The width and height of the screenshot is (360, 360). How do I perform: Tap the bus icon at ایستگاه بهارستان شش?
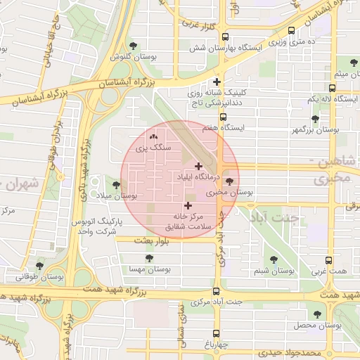(x=225, y=37)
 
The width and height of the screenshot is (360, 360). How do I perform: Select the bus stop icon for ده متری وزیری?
(x=291, y=31)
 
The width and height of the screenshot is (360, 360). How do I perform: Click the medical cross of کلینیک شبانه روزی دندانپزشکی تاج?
(x=217, y=82)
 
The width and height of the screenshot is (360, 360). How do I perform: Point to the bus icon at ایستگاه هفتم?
(x=223, y=117)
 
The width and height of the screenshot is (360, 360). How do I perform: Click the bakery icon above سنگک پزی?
(x=153, y=136)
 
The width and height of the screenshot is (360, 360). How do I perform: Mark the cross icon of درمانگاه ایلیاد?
(x=199, y=166)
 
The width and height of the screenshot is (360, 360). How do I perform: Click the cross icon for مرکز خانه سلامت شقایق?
(x=187, y=205)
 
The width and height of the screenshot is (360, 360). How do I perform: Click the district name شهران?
(x=23, y=185)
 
